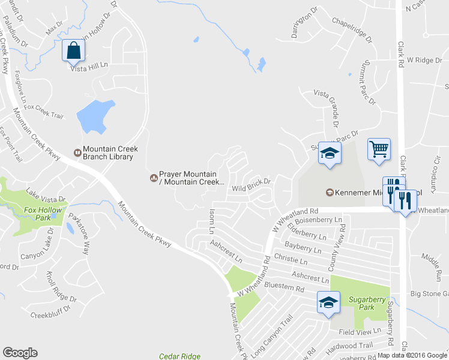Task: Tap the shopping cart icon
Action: (x=379, y=148)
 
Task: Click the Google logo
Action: (x=20, y=353)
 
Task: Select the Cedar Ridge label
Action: (x=179, y=356)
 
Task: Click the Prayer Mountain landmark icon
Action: (x=153, y=177)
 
